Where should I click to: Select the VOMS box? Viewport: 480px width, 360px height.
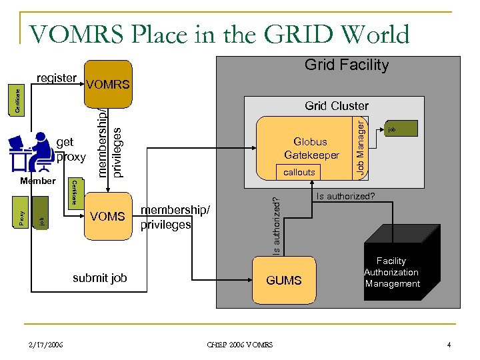(x=107, y=216)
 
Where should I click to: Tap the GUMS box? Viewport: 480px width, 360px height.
(x=284, y=281)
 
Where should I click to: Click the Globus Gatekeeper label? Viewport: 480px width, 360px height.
(x=311, y=148)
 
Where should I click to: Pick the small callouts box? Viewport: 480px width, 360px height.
(x=299, y=172)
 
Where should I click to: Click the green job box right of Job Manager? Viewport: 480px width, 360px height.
(x=398, y=129)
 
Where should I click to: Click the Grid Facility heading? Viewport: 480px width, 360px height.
(x=346, y=65)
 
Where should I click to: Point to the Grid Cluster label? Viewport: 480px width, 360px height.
(x=336, y=105)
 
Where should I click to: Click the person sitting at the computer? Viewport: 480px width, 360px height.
(x=32, y=153)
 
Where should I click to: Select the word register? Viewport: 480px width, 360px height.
(x=56, y=78)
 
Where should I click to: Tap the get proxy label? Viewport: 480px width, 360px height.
(x=71, y=150)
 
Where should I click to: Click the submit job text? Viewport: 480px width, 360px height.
(x=99, y=278)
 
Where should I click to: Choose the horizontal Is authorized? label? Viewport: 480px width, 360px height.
(x=345, y=196)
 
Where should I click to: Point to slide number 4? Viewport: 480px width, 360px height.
(x=449, y=345)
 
